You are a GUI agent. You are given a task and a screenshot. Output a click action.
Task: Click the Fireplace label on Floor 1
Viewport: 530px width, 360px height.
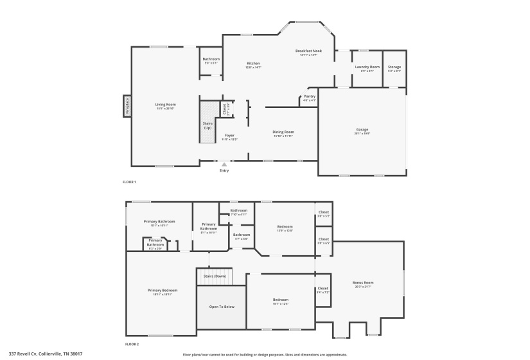[127, 106]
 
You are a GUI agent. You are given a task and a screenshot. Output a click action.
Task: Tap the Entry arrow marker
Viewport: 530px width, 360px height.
[224, 165]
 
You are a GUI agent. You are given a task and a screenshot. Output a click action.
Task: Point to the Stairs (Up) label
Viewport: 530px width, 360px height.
[208, 125]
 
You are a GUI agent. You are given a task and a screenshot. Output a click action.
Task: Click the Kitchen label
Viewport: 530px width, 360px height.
[254, 63]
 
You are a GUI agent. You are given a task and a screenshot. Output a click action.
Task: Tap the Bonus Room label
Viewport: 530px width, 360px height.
[363, 283]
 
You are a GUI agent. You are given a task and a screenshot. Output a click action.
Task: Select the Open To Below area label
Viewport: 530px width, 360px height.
[222, 307]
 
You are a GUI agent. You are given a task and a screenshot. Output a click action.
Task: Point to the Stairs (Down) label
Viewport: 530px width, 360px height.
[215, 276]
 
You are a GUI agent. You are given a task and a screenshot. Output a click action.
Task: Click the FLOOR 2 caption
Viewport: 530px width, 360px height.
[130, 345]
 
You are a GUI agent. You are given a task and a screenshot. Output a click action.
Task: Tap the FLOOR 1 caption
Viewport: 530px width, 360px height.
[129, 182]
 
